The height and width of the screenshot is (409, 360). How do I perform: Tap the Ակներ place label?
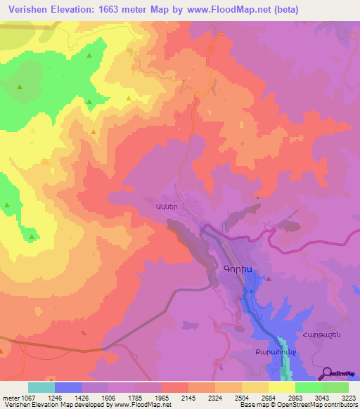[x=156, y=207]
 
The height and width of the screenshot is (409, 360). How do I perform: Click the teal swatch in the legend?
[x=41, y=387]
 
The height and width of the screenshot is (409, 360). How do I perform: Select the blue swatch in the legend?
[x=68, y=387]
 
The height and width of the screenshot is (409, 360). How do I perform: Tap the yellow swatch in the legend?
[x=281, y=387]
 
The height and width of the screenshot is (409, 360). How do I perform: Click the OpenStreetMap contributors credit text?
[x=317, y=404]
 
